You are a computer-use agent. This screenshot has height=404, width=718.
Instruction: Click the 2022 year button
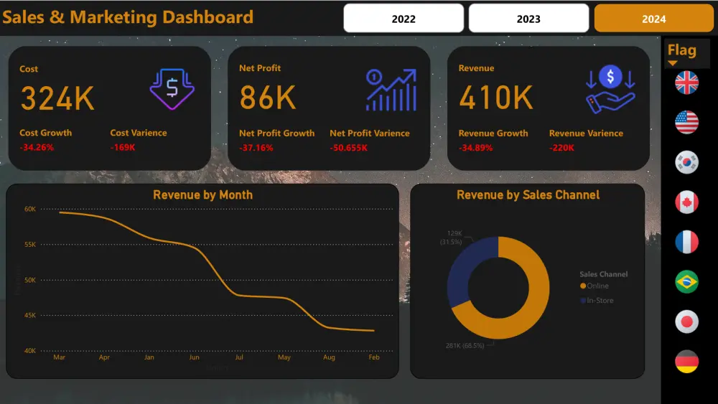404,19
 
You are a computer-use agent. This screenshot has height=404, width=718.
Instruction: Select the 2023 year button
528,19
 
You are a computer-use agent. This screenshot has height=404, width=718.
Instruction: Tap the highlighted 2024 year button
653,19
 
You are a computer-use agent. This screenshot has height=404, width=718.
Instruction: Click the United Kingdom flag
686,83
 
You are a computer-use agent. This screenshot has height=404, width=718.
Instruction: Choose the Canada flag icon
686,202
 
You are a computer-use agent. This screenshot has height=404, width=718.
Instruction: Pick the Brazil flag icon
686,281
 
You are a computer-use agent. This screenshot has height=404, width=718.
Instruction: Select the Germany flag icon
686,361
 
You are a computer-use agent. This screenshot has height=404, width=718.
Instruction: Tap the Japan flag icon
686,321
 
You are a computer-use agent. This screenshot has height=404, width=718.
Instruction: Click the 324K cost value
57,98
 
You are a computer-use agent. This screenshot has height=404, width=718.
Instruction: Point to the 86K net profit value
268,98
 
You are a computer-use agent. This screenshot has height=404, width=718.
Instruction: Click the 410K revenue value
495,98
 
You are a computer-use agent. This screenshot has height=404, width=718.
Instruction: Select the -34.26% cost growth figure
37,148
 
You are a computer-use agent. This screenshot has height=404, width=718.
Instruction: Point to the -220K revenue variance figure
561,148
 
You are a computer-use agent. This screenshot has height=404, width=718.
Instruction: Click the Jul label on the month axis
239,357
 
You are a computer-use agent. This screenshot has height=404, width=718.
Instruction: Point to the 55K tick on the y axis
30,245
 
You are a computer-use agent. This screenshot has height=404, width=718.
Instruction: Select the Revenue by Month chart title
202,194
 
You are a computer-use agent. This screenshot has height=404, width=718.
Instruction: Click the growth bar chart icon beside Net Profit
391,90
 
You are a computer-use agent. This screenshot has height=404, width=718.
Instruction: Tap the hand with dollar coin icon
610,90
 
